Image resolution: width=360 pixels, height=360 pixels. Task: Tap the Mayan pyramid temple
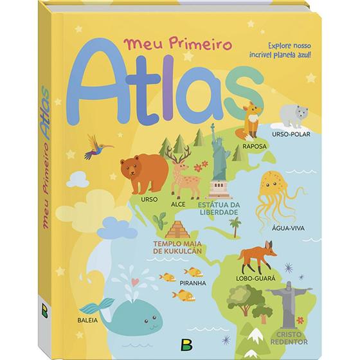coord(175,230)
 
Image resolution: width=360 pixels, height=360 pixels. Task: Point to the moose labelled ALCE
coord(181,169)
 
